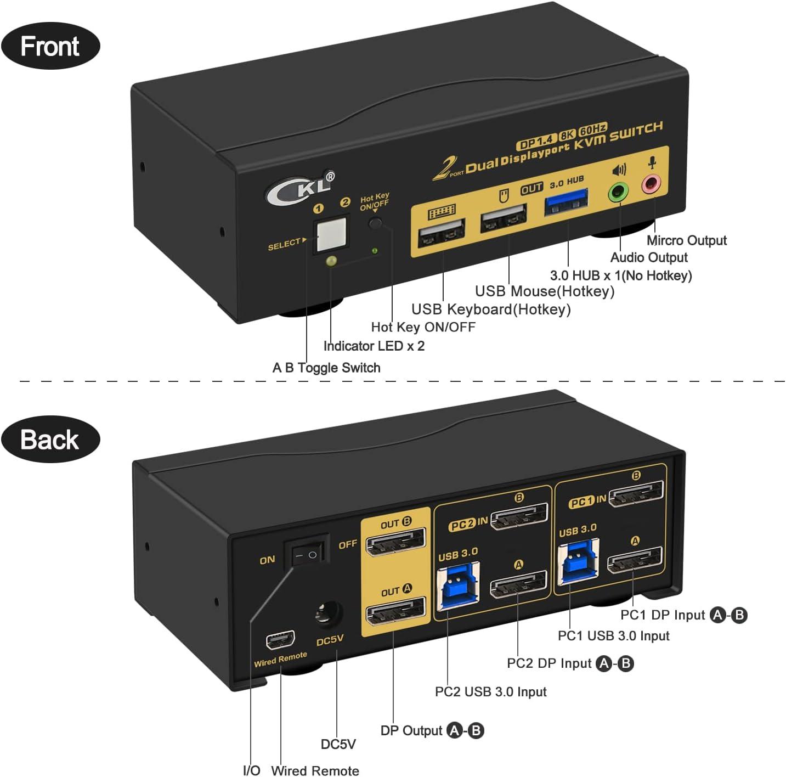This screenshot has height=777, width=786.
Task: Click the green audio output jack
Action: pos(619,192)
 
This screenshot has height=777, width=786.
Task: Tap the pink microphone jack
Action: pos(651,183)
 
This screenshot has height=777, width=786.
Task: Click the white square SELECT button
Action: pos(332,234)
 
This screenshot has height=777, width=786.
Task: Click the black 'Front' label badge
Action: pos(50,46)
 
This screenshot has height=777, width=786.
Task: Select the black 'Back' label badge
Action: pos(50,440)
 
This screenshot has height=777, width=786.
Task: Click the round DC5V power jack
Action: pos(328,613)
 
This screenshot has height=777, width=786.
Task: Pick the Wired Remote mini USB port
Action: pos(280,639)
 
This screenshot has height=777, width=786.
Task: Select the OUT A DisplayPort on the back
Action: pos(395,611)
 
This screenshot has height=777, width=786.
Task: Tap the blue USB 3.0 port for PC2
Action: pos(457,585)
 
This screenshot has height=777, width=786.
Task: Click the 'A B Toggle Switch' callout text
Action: pos(326,368)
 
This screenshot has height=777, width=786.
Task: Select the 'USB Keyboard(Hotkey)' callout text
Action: pos(491,309)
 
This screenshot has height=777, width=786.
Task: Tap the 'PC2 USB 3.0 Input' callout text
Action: pos(490,691)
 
